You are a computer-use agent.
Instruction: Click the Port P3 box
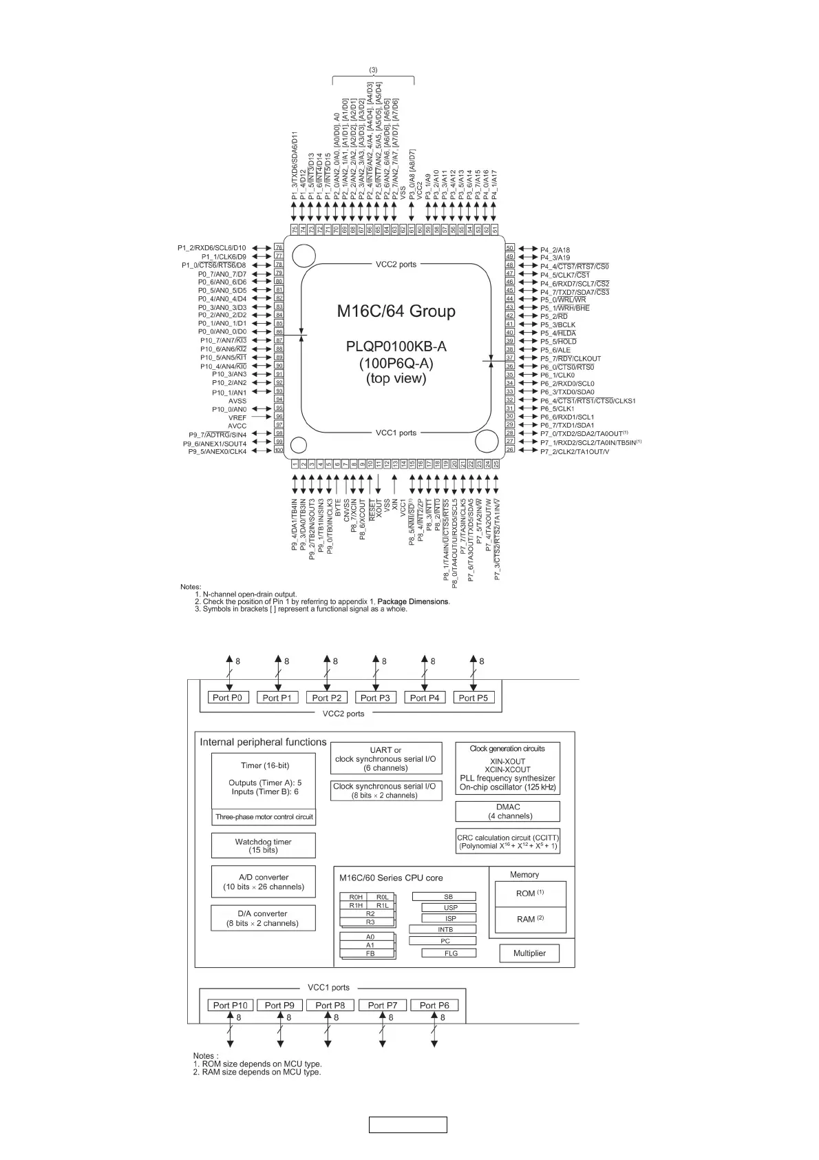pos(375,698)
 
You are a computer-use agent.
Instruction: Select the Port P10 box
pos(230,1005)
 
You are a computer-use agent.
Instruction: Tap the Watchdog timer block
pos(263,846)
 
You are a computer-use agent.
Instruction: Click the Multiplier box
pos(529,953)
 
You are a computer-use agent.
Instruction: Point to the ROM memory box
pos(531,893)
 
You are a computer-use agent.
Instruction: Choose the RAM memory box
pos(531,919)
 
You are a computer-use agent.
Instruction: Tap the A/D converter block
pos(263,882)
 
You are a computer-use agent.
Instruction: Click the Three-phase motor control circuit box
pos(264,817)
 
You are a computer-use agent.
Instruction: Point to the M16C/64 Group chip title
pos(396,311)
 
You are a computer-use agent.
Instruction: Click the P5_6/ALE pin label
pos(555,350)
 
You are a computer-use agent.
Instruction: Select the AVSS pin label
pos(237,401)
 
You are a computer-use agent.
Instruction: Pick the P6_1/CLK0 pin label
pos(557,375)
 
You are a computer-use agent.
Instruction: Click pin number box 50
pos(510,248)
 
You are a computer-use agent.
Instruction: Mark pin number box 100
pos(279,450)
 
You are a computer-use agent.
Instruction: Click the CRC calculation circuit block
pos(508,842)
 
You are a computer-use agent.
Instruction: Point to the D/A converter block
pos(263,918)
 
